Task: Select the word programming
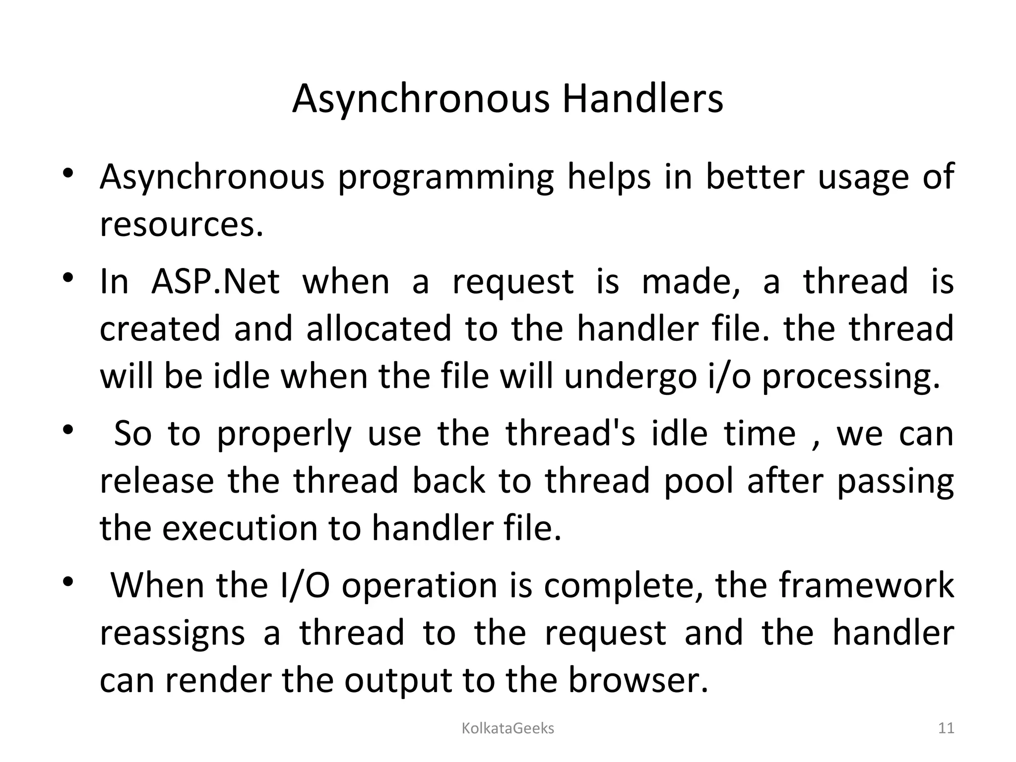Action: [x=445, y=177]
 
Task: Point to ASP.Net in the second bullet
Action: [x=215, y=281]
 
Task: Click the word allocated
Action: [x=379, y=328]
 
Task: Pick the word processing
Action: [x=851, y=377]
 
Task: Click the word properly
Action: [x=284, y=434]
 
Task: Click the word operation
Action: [x=419, y=585]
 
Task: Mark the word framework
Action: [x=867, y=585]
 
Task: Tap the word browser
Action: [x=637, y=681]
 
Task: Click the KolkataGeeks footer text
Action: [x=508, y=728]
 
